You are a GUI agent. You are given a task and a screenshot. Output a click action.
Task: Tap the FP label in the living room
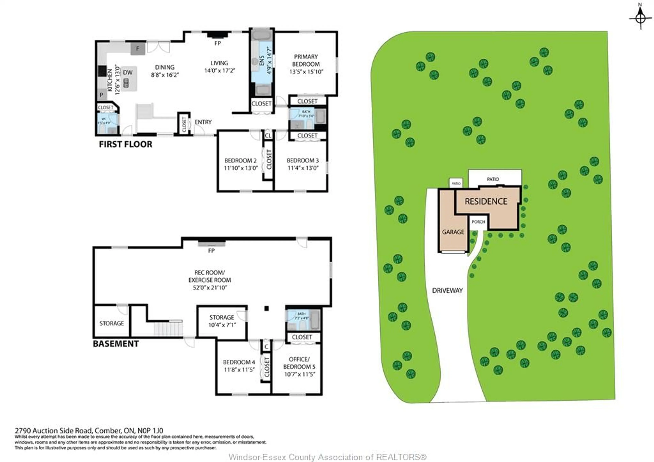pos(218,43)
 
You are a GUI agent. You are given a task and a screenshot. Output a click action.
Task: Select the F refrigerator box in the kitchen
pos(138,49)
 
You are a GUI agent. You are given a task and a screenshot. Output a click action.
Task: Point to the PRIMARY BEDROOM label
pos(306,60)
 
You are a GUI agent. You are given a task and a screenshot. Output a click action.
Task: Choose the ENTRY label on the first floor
pos(203,122)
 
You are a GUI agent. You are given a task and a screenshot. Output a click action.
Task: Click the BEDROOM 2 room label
pos(240,161)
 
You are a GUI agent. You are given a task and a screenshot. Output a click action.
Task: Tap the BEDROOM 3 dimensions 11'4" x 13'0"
pos(303,168)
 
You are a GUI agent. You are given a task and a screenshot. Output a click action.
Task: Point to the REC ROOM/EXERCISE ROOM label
pos(210,276)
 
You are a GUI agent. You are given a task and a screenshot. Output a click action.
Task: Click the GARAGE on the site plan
pos(453,232)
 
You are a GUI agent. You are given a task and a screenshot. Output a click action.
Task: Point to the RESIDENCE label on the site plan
pos(486,201)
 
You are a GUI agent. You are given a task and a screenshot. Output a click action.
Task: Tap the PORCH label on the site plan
pos(478,222)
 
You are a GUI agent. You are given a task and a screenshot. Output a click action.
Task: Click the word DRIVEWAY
pos(447,290)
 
